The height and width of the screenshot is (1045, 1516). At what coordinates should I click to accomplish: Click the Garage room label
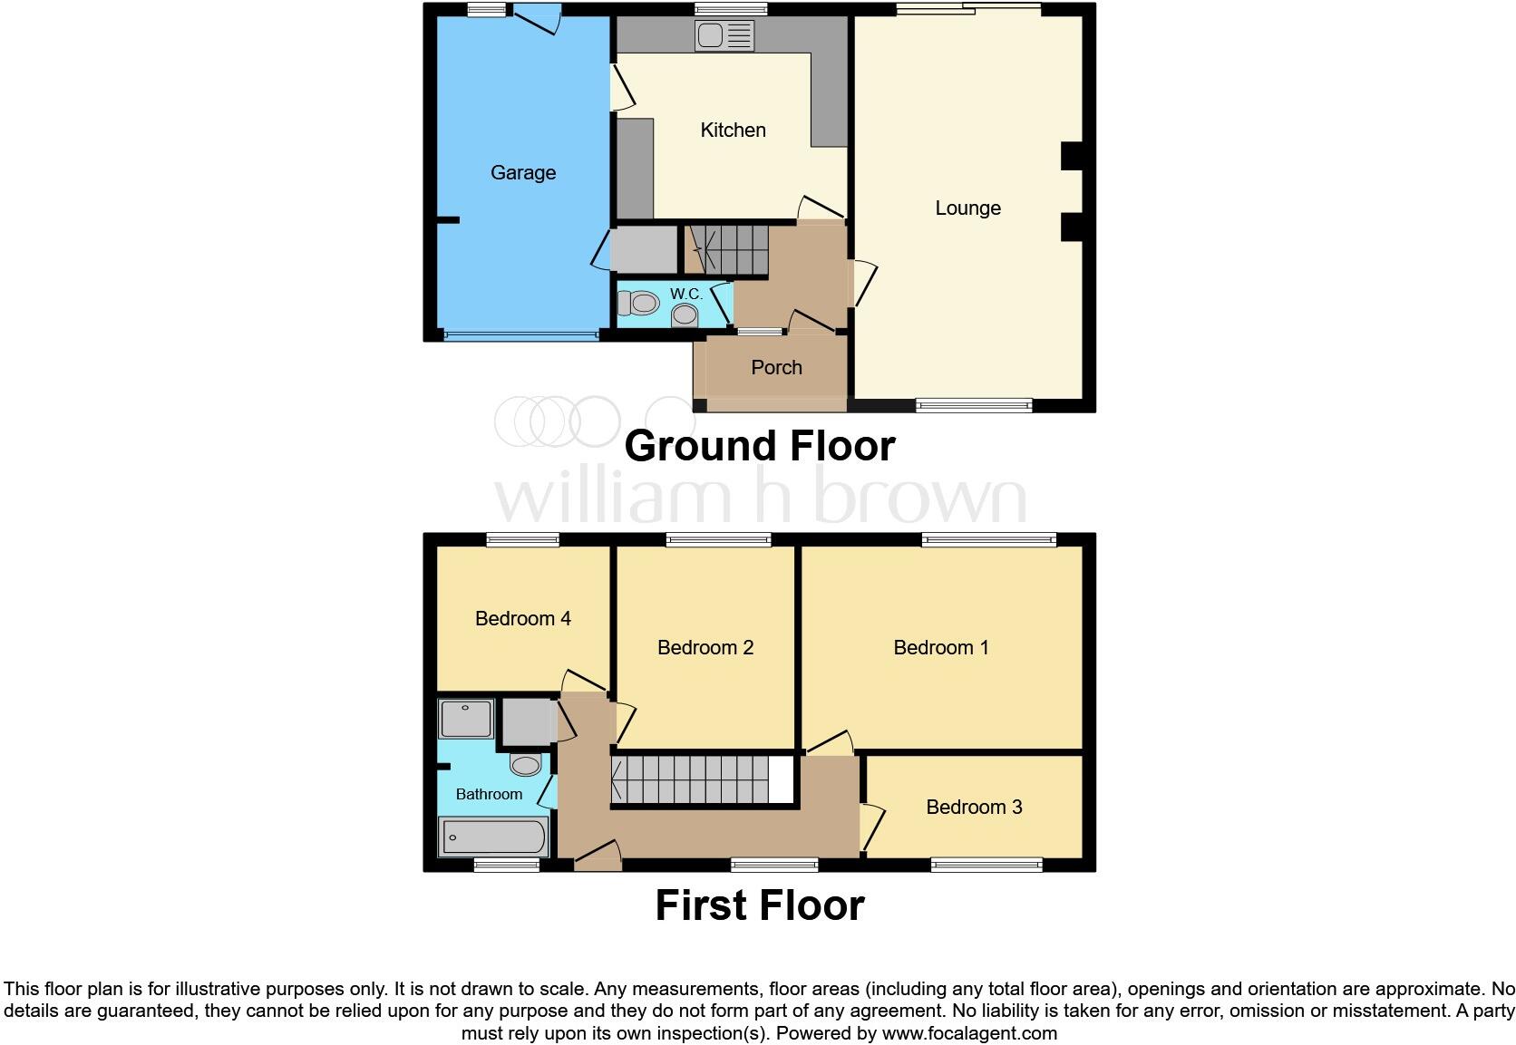(522, 172)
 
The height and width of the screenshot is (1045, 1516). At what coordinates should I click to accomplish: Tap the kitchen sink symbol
(724, 36)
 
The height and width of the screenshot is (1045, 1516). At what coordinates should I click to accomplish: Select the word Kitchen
(733, 130)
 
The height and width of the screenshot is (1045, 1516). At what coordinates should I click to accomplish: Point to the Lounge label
(967, 208)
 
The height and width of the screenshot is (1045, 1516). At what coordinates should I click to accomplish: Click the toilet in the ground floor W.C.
(638, 303)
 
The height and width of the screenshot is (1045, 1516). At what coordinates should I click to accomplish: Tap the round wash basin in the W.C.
(685, 315)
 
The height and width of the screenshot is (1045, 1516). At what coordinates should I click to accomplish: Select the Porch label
(776, 367)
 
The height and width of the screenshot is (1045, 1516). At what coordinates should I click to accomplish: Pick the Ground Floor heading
(759, 445)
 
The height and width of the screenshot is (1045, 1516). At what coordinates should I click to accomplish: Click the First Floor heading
(759, 905)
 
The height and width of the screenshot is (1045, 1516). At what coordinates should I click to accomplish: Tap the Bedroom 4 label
(522, 618)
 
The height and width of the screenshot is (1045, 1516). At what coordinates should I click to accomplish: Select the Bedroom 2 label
(705, 647)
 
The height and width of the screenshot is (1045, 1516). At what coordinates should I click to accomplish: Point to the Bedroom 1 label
(940, 647)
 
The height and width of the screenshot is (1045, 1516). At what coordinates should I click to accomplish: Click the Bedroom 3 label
(974, 807)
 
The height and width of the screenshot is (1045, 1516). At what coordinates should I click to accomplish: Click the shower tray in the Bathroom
(466, 719)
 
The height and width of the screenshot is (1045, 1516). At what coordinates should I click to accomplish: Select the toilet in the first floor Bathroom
(526, 764)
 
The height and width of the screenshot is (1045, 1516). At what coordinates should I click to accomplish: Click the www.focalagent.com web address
(968, 1032)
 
